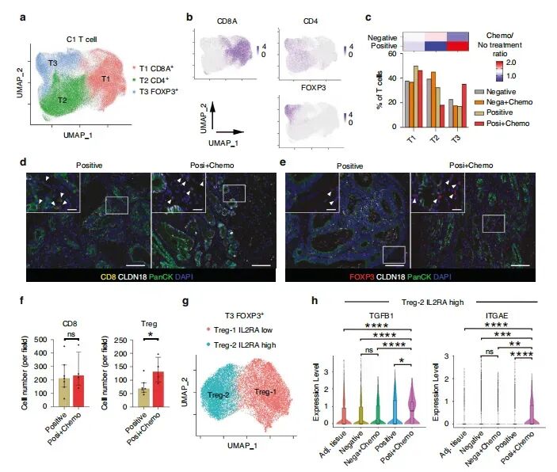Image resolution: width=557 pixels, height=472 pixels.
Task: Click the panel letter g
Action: (x=184, y=302)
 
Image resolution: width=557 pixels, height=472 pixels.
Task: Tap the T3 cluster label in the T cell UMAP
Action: (x=52, y=61)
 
